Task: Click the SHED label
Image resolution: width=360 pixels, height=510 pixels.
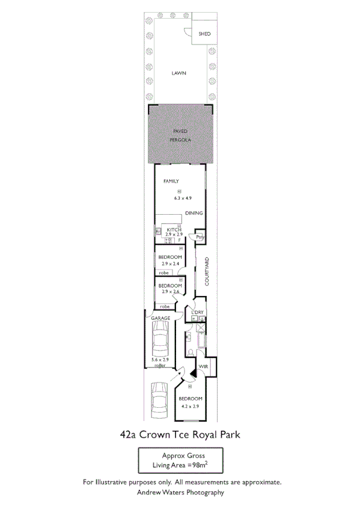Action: coord(204,34)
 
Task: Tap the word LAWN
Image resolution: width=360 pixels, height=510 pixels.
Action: coord(178,73)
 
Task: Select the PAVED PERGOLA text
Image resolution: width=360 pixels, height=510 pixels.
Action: coord(180,135)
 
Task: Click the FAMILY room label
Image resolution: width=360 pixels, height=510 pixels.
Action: coord(172,181)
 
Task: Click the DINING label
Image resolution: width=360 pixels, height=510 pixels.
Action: coord(194,214)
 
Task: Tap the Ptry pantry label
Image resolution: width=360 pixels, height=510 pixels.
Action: coord(200,238)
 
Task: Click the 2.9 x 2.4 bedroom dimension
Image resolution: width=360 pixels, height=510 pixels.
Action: coord(170,263)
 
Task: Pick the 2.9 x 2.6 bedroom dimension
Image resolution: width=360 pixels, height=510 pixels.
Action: coord(171,292)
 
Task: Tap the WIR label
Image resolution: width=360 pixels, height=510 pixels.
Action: coord(203,366)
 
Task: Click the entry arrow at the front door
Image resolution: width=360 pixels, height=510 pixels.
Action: coord(176,378)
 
